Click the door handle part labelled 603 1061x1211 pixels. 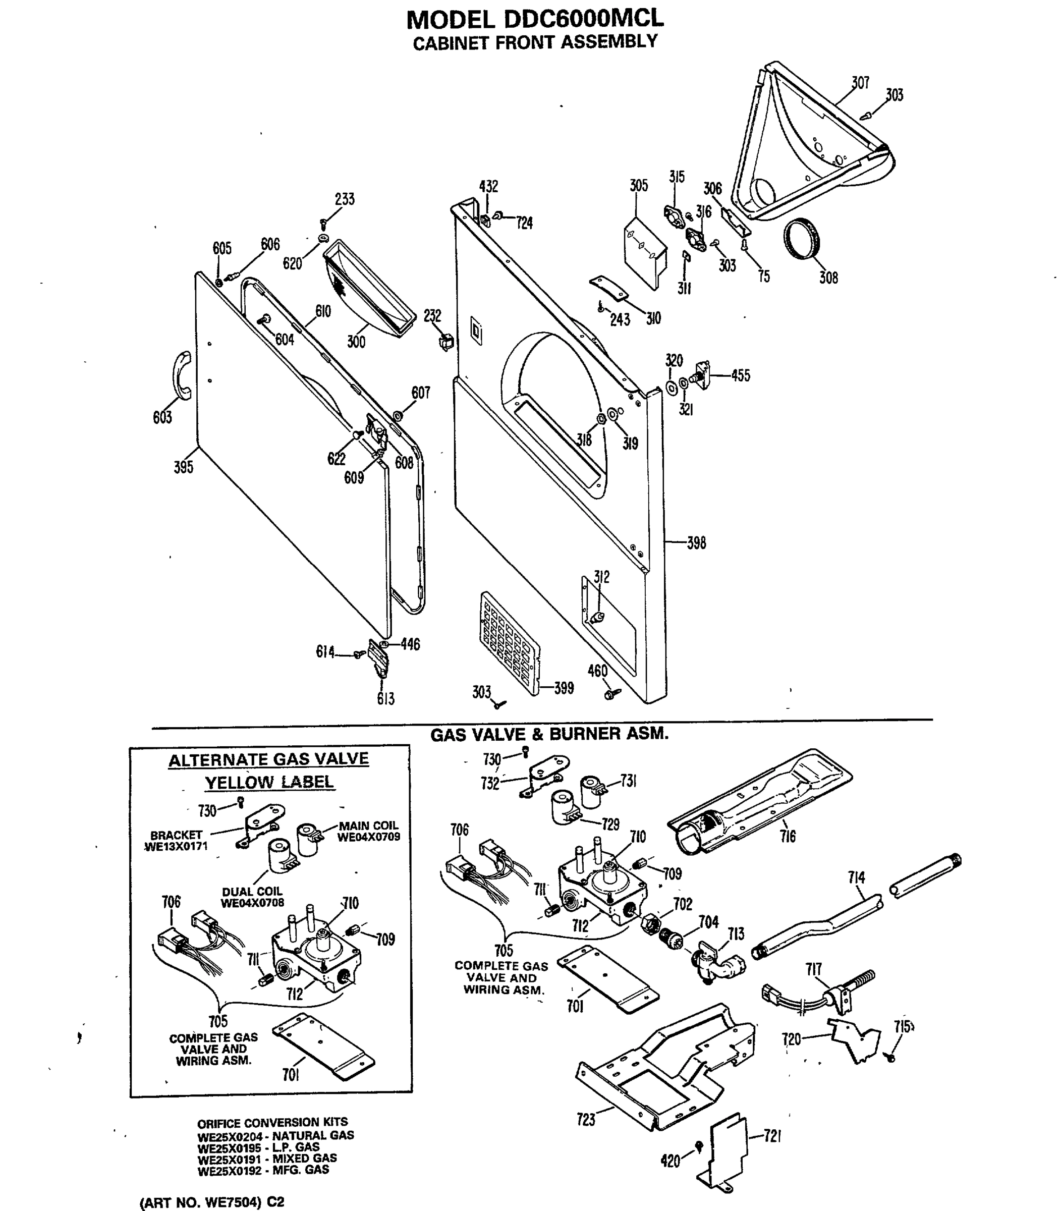pyautogui.click(x=181, y=375)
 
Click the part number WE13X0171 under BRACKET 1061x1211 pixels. pyautogui.click(x=176, y=846)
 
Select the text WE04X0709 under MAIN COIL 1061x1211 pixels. pyautogui.click(x=368, y=837)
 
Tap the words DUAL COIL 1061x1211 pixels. pyautogui.click(x=252, y=891)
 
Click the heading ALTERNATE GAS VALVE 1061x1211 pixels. pyautogui.click(x=268, y=760)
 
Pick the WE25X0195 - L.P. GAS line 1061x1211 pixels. pyautogui.click(x=258, y=1147)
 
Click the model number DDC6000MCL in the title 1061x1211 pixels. pyautogui.click(x=583, y=19)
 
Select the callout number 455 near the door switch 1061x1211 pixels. pyautogui.click(x=740, y=375)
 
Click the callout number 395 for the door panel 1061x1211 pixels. pyautogui.click(x=183, y=467)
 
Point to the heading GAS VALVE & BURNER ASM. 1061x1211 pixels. pyautogui.click(x=549, y=734)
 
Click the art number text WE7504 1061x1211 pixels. pyautogui.click(x=232, y=1202)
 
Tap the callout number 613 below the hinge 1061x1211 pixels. pyautogui.click(x=385, y=699)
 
